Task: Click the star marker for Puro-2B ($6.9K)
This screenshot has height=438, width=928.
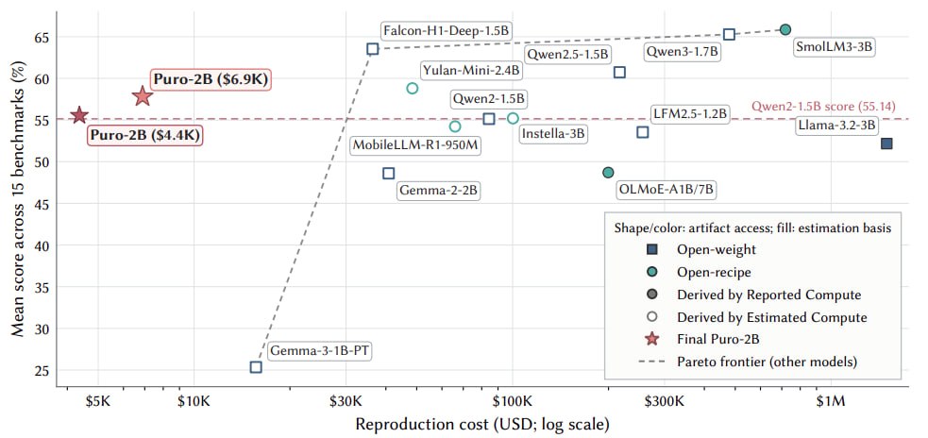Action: click(143, 95)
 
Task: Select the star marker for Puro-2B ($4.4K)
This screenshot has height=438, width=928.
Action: click(78, 115)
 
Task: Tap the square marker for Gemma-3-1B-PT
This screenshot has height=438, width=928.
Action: click(256, 367)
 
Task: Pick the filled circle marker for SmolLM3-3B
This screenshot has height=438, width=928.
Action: click(785, 29)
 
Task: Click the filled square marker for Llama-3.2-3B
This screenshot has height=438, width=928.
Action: click(886, 143)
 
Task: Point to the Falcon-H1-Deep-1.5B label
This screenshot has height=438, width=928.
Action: click(447, 30)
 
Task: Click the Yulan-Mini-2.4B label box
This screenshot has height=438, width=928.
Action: click(472, 71)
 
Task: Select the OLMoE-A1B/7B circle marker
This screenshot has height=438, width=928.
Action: click(608, 172)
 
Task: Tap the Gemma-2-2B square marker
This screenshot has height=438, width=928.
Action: click(388, 173)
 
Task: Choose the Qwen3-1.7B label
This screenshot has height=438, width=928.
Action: click(682, 52)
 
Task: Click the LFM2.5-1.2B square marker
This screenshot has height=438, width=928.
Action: click(643, 132)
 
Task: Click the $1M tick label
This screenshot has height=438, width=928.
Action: click(831, 402)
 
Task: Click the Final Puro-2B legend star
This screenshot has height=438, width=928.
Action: click(652, 339)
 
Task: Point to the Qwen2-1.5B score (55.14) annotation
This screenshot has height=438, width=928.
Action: click(823, 107)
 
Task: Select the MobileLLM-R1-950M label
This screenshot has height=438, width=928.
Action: click(414, 145)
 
